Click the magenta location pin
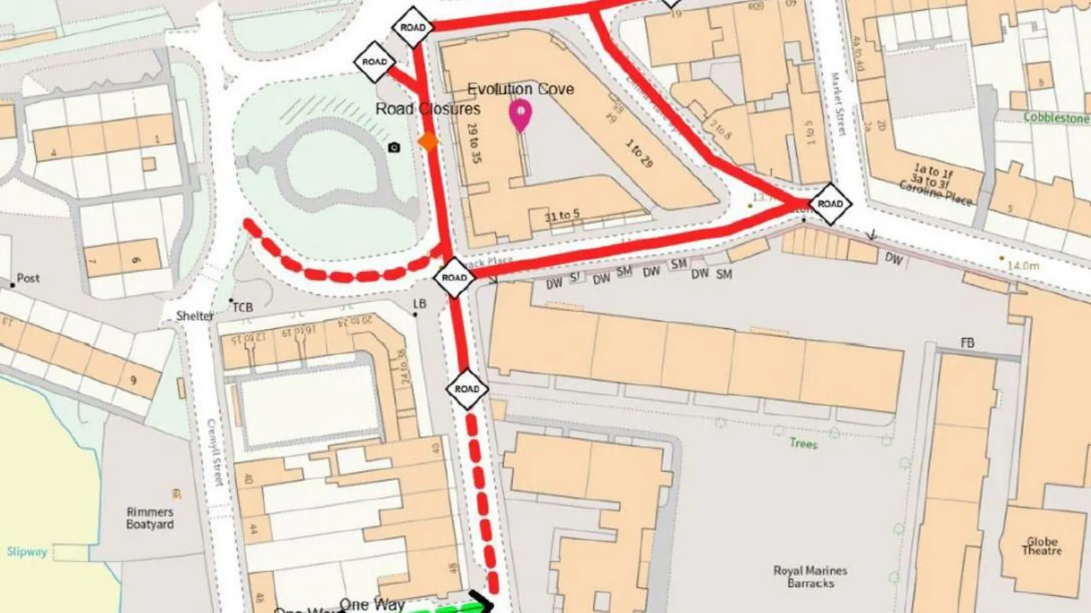521,115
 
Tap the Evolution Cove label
520,89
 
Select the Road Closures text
428,109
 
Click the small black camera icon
394,147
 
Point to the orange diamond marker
428,141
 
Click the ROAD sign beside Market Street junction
830,204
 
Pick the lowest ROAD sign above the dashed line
467,389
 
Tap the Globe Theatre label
1042,546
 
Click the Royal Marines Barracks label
810,577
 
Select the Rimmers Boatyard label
150,518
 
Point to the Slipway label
26,552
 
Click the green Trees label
803,443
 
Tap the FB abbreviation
967,343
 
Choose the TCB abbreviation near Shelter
242,308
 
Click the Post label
28,278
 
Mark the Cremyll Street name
215,452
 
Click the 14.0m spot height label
1024,265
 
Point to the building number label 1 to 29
639,153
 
